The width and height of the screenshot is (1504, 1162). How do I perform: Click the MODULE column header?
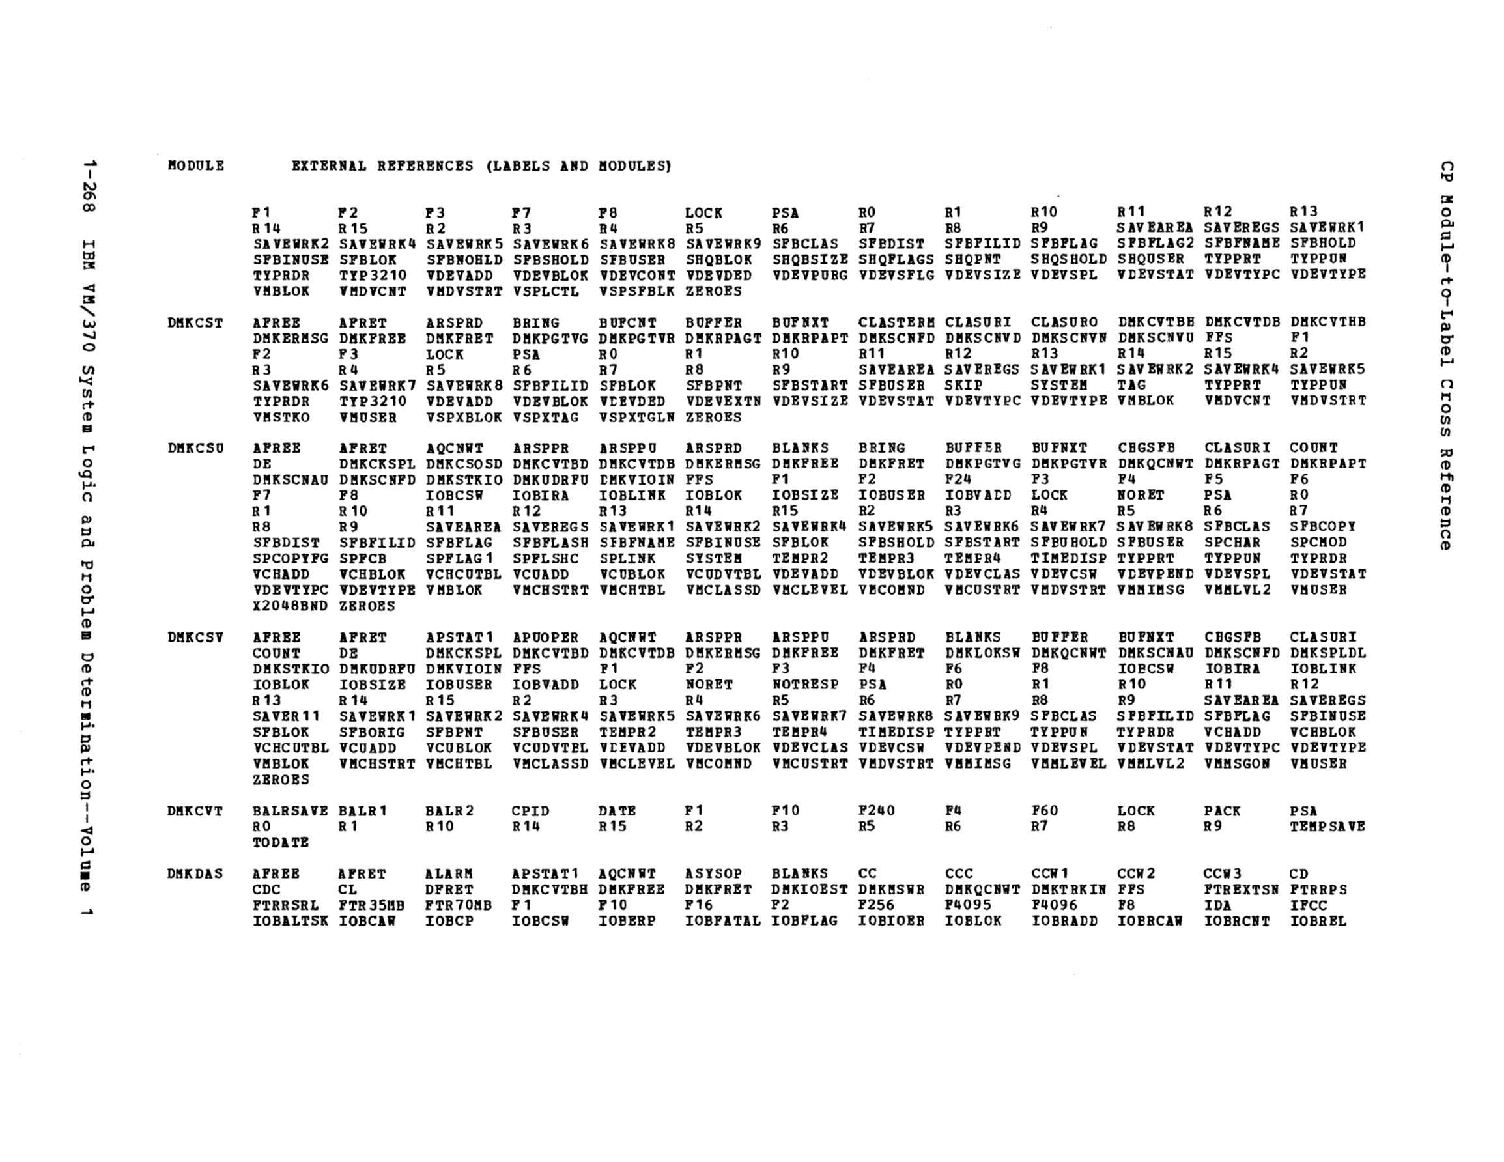click(x=195, y=166)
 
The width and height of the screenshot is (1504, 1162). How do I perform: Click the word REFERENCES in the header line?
click(x=425, y=166)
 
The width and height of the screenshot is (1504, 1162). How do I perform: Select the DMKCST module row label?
click(x=195, y=323)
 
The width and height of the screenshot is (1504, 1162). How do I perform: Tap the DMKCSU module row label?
click(x=195, y=448)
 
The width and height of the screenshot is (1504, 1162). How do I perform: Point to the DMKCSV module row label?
click(x=195, y=638)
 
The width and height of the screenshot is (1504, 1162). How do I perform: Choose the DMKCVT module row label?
click(x=195, y=812)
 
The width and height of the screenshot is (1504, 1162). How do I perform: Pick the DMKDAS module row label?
click(x=195, y=874)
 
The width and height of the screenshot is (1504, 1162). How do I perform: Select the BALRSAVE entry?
click(x=290, y=812)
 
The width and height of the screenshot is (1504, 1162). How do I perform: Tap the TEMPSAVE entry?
click(x=1327, y=827)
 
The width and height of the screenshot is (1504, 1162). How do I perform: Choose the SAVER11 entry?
click(x=287, y=716)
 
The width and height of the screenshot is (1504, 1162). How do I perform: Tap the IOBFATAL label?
click(x=722, y=921)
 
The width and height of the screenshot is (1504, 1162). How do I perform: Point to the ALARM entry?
click(x=449, y=874)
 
